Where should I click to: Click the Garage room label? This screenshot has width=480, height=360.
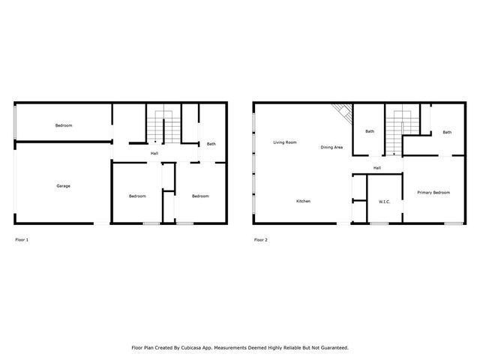(x=64, y=185)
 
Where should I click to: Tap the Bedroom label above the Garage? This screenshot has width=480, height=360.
(x=64, y=125)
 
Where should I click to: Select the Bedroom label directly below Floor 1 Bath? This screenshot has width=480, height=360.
(x=200, y=196)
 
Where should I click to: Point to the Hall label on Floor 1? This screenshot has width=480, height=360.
(x=154, y=154)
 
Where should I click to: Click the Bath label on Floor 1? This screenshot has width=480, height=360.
(x=211, y=144)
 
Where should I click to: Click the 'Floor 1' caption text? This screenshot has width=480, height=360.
(x=22, y=240)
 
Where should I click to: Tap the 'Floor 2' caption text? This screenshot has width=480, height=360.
(x=260, y=240)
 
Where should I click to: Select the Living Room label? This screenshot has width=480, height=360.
(x=285, y=142)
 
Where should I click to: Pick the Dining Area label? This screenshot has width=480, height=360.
(x=331, y=147)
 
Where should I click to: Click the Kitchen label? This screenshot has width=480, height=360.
(x=303, y=201)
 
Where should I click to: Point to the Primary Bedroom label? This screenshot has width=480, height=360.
(x=433, y=193)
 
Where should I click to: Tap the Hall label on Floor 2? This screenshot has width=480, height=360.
(x=377, y=167)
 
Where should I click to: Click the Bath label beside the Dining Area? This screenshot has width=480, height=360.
(x=370, y=132)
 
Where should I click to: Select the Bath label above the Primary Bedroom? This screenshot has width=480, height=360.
(x=447, y=133)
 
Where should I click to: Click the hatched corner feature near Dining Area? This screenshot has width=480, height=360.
(x=342, y=112)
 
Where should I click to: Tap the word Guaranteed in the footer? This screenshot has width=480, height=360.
(x=331, y=347)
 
